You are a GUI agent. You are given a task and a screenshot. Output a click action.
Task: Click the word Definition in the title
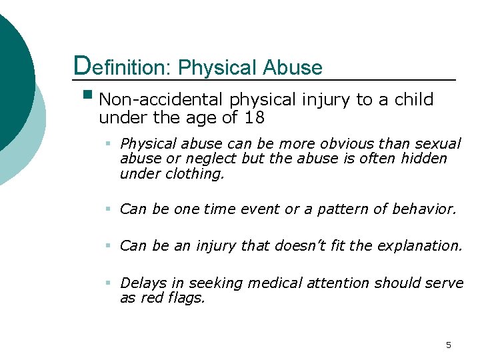pyautogui.click(x=123, y=67)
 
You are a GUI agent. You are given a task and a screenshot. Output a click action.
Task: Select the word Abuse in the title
pyautogui.click(x=293, y=67)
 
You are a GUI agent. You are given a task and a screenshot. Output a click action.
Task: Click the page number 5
pyautogui.click(x=448, y=345)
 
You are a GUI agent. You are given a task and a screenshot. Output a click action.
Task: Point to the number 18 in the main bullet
pyautogui.click(x=255, y=119)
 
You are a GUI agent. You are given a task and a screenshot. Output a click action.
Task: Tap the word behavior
pyautogui.click(x=428, y=209)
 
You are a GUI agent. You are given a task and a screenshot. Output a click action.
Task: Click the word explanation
pyautogui.click(x=419, y=246)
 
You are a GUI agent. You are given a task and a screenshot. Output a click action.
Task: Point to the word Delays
pyautogui.click(x=140, y=283)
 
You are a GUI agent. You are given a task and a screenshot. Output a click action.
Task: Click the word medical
pyautogui.click(x=275, y=283)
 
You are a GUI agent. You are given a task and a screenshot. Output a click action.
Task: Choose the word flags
pyautogui.click(x=188, y=298)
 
